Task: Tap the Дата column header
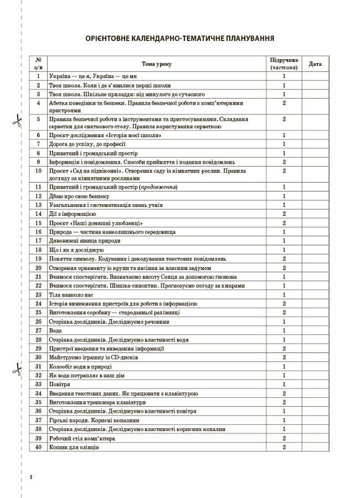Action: [x=315, y=64]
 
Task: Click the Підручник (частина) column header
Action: [x=284, y=64]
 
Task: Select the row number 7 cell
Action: [x=38, y=144]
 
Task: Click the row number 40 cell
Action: [x=38, y=447]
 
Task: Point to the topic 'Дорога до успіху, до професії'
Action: [x=89, y=144]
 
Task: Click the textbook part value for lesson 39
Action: [x=284, y=438]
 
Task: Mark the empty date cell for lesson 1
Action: [x=315, y=76]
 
